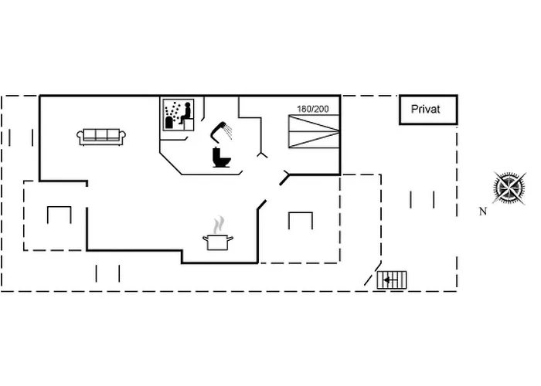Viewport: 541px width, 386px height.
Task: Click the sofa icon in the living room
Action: pyautogui.click(x=101, y=137)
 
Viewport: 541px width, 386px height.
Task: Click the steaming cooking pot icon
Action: pyautogui.click(x=219, y=242)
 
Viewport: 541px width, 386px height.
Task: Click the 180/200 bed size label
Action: pyautogui.click(x=313, y=109)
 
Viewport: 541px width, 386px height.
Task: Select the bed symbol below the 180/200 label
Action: pyautogui.click(x=313, y=131)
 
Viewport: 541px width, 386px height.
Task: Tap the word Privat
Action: pyautogui.click(x=425, y=110)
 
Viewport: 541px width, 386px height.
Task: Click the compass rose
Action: pyautogui.click(x=509, y=188)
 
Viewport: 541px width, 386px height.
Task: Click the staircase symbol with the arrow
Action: pyautogui.click(x=392, y=279)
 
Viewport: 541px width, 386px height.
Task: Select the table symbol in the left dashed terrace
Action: pyautogui.click(x=59, y=214)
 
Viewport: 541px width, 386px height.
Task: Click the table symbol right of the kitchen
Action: pyautogui.click(x=300, y=220)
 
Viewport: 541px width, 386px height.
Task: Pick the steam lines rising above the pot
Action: pyautogui.click(x=219, y=225)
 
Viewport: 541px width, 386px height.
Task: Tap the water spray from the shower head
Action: pyautogui.click(x=228, y=134)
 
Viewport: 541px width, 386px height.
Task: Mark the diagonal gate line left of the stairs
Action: pyautogui.click(x=371, y=275)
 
